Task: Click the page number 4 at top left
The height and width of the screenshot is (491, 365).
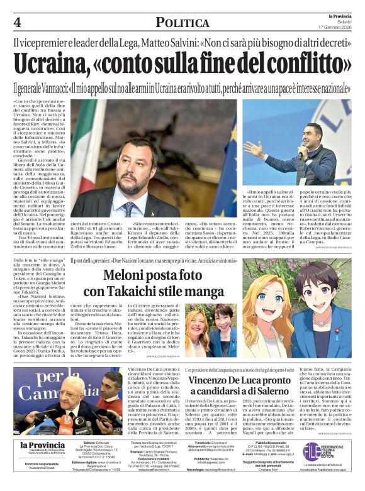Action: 16,22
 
